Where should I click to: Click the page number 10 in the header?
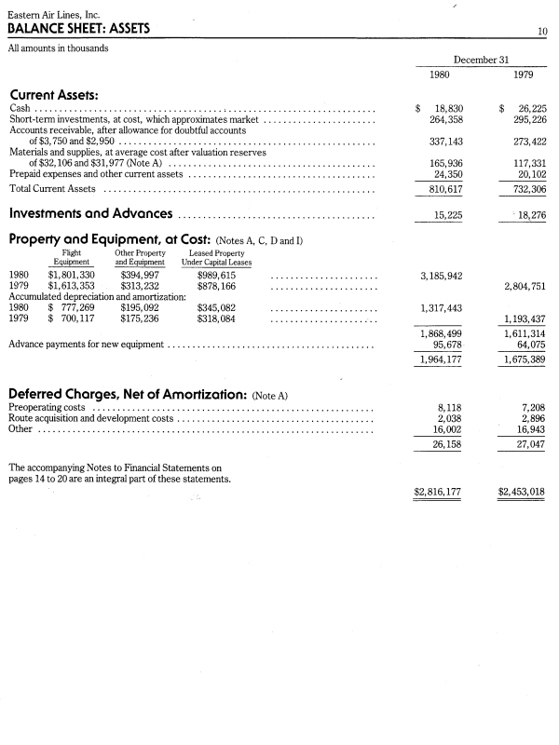coord(541,32)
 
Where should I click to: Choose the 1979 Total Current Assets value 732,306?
coord(525,188)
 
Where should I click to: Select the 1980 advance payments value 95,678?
coord(445,345)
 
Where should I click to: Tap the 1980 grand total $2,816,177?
coord(437,492)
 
